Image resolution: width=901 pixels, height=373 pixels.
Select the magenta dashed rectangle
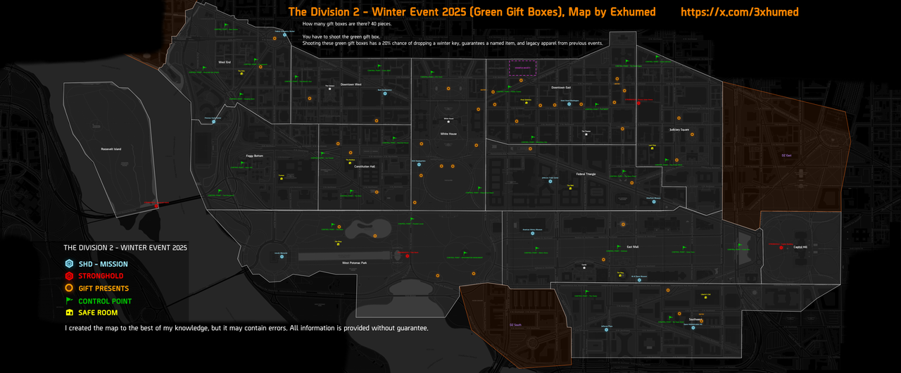[523, 68]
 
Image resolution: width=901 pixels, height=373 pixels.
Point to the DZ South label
[516, 324]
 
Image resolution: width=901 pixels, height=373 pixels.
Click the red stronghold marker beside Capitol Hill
[782, 247]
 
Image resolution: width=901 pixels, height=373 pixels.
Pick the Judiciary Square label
[679, 129]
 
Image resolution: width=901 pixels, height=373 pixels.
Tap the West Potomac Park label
[355, 263]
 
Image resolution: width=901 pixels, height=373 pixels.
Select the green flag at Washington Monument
[465, 252]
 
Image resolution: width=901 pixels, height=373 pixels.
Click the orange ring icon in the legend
[69, 289]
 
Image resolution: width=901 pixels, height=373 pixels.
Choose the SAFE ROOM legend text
[98, 312]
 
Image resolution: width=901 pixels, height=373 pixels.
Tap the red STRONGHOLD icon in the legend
[69, 276]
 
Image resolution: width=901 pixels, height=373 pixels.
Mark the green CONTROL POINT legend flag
[69, 301]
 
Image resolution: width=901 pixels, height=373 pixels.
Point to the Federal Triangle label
[586, 173]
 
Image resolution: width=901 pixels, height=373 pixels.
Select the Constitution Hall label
[365, 167]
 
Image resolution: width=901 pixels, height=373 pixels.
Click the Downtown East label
[561, 87]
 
